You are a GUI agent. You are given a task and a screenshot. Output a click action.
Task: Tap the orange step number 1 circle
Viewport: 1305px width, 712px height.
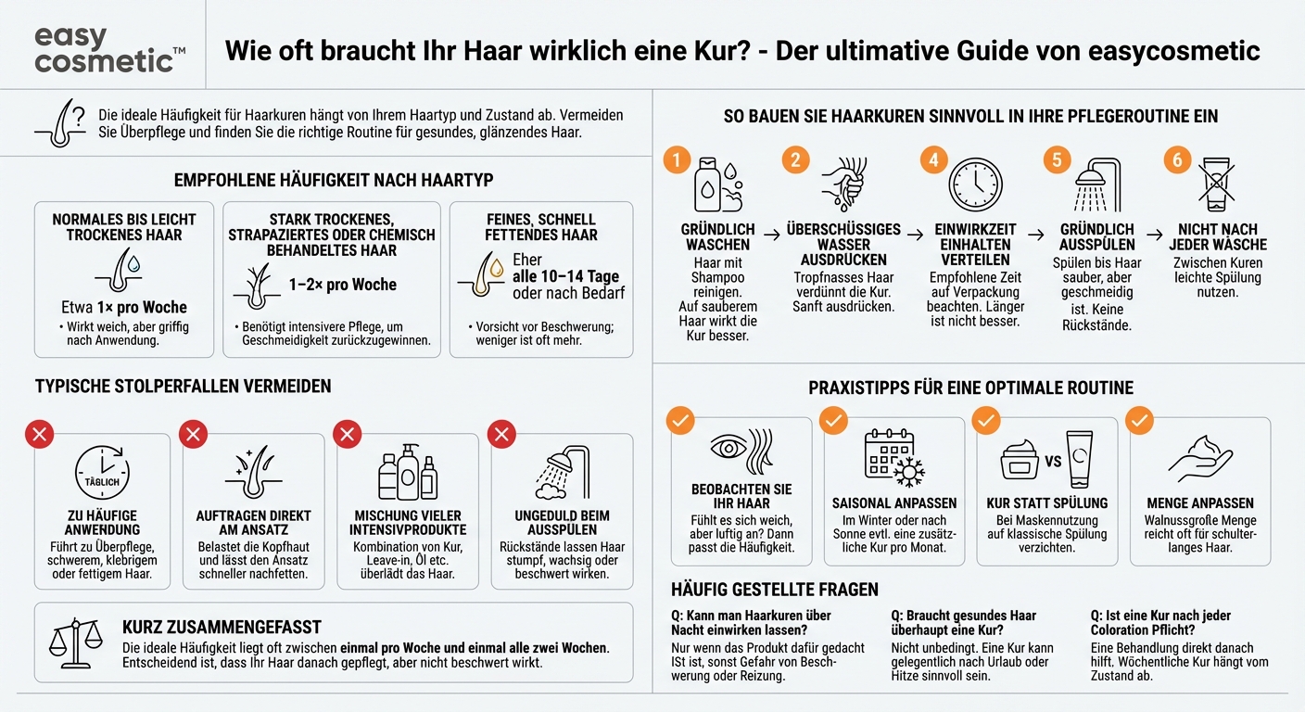(x=677, y=159)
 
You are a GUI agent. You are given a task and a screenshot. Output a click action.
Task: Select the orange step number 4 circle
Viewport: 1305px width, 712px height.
(x=932, y=159)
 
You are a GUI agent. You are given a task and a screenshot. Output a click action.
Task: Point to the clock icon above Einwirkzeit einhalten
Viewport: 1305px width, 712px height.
(x=975, y=184)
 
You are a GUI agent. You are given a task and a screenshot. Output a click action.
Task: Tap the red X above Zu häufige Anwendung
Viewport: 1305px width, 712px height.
(x=40, y=433)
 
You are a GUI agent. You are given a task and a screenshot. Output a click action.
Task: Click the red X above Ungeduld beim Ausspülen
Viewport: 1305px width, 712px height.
(x=501, y=433)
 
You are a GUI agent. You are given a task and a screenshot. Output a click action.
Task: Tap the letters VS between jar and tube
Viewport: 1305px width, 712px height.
(x=1053, y=462)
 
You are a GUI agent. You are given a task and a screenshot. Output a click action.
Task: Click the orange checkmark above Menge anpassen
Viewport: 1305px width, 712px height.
(x=1139, y=422)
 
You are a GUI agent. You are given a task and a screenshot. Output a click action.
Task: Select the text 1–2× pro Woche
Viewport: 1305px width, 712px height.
(x=343, y=285)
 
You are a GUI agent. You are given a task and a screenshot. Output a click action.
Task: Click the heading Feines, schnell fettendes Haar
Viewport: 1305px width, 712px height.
(x=540, y=227)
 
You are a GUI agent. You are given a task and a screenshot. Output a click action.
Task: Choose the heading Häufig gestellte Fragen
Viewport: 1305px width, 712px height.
(x=774, y=590)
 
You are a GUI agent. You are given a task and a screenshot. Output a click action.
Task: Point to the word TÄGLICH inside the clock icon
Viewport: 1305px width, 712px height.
(x=101, y=482)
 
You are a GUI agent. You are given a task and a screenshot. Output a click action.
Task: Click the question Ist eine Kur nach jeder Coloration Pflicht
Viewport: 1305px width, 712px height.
(x=1160, y=622)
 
